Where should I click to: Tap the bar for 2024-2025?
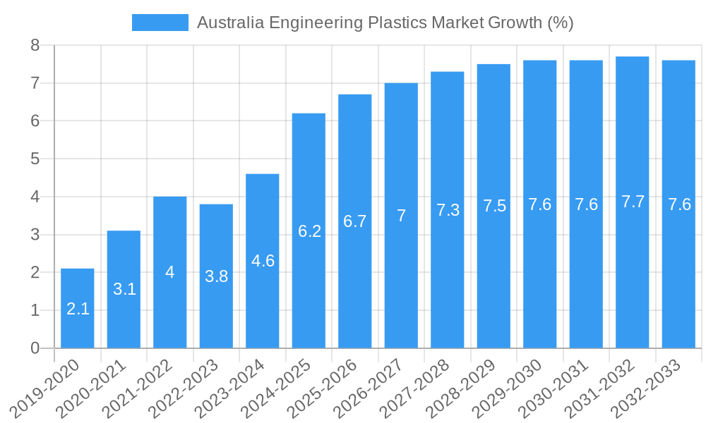click(x=309, y=282)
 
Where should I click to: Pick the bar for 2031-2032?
click(x=632, y=268)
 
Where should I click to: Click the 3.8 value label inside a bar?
click(x=216, y=276)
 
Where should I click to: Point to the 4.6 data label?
click(x=263, y=261)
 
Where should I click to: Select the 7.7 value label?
click(x=633, y=202)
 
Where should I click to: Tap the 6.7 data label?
click(x=354, y=221)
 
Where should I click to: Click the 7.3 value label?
click(x=448, y=210)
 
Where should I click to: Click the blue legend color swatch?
click(x=160, y=23)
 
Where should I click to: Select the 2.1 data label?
click(x=78, y=309)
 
